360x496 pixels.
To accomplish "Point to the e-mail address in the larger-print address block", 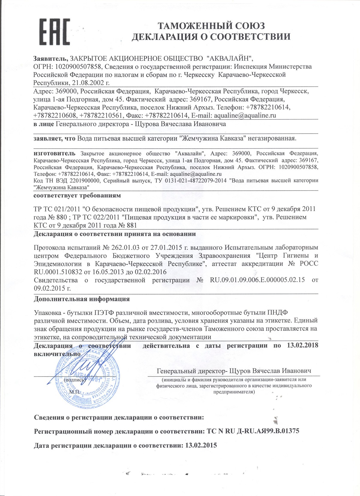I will click(x=245, y=115).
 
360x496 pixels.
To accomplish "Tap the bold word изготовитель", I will click(x=55, y=153).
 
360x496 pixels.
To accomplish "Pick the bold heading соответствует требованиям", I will click(x=77, y=195).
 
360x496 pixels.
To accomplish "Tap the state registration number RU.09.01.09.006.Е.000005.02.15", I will click(x=257, y=280).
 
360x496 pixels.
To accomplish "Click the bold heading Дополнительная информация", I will click(x=82, y=299).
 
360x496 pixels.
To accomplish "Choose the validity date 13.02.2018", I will click(x=302, y=345).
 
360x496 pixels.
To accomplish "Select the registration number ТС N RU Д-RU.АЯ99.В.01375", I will click(x=253, y=431).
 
